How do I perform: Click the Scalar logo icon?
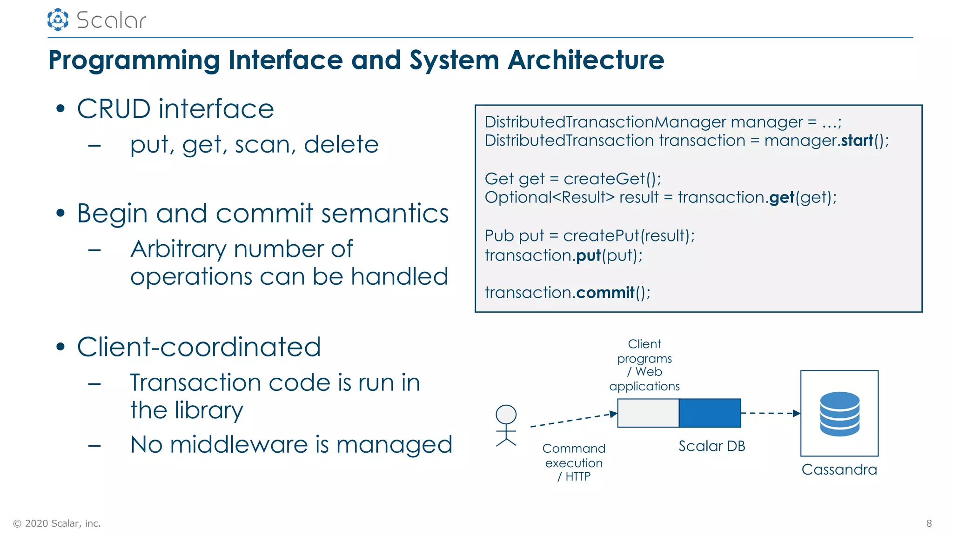pyautogui.click(x=58, y=20)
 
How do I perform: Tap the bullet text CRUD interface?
pyautogui.click(x=175, y=109)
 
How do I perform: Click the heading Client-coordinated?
pyautogui.click(x=199, y=347)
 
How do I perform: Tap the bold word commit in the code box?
pyautogui.click(x=605, y=293)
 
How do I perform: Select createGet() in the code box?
pyautogui.click(x=611, y=179)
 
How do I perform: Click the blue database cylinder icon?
pyautogui.click(x=839, y=414)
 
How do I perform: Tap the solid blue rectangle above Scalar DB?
pyautogui.click(x=710, y=413)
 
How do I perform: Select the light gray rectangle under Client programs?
pyautogui.click(x=648, y=413)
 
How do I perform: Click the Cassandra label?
pyautogui.click(x=839, y=469)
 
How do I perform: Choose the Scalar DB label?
pyautogui.click(x=711, y=446)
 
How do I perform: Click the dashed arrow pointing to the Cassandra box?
pyautogui.click(x=770, y=413)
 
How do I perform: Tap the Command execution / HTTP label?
pyautogui.click(x=574, y=462)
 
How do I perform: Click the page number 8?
pyautogui.click(x=929, y=523)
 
